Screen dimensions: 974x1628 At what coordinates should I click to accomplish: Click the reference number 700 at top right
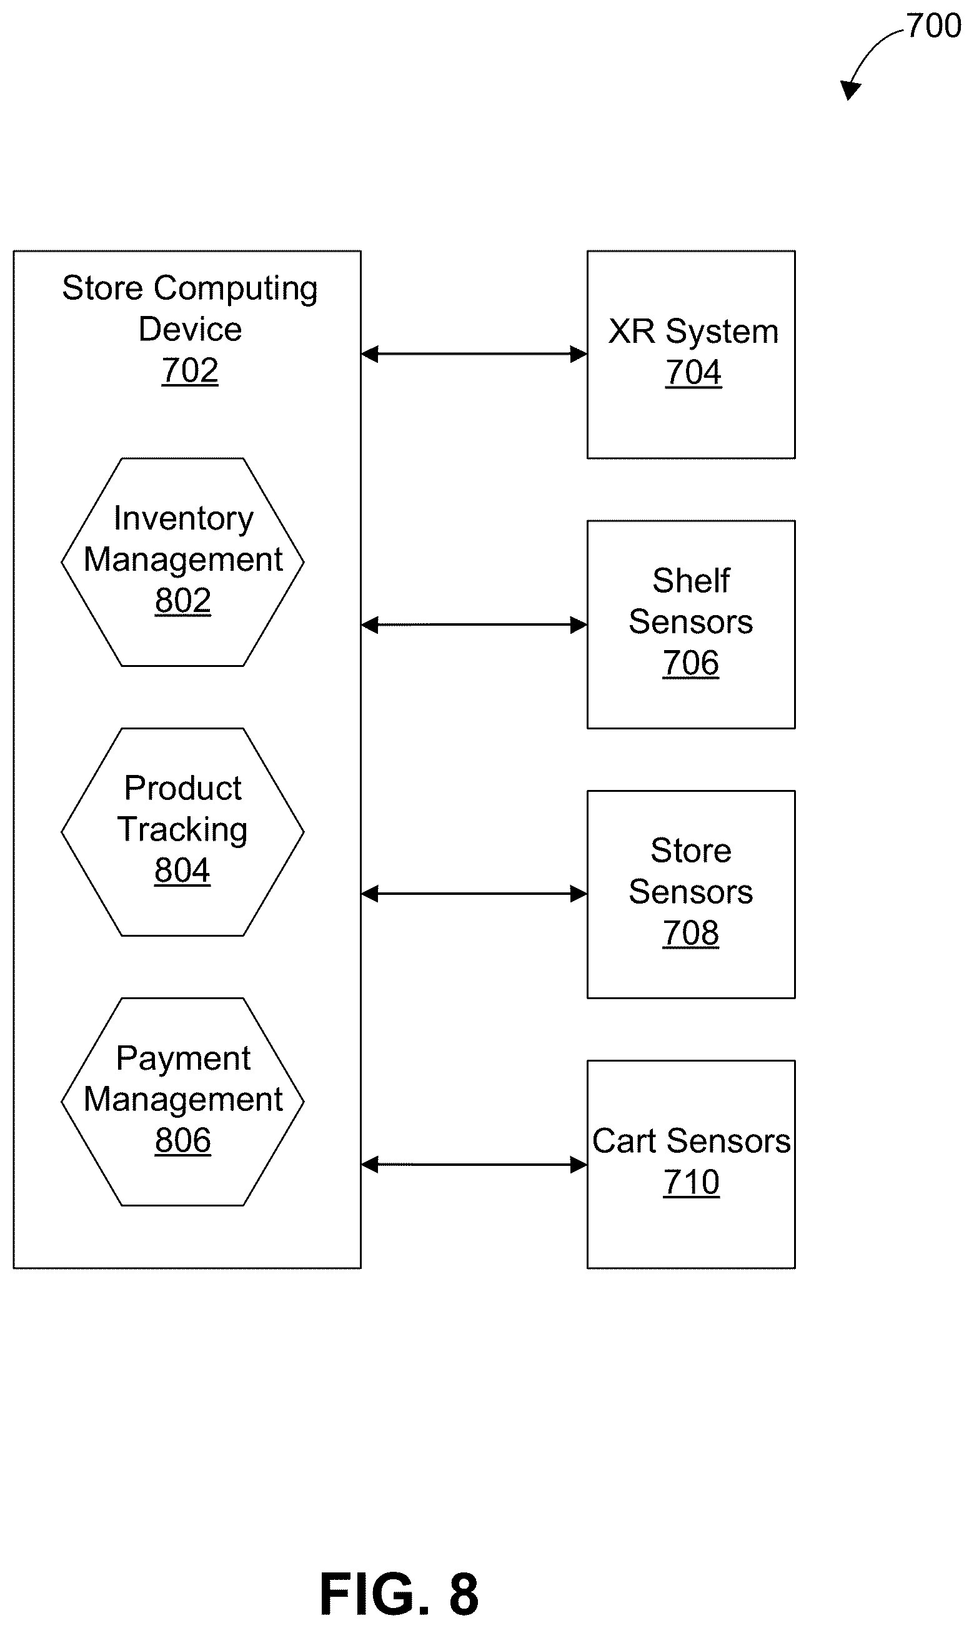click(933, 26)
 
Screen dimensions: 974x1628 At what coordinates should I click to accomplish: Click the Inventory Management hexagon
click(182, 561)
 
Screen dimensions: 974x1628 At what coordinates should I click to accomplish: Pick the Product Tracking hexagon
click(182, 832)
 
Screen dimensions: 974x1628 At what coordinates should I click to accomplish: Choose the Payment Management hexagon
click(182, 1102)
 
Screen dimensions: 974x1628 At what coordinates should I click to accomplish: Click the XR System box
click(691, 354)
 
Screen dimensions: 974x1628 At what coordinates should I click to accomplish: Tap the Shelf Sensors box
click(691, 624)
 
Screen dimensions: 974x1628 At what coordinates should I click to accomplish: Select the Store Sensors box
click(691, 894)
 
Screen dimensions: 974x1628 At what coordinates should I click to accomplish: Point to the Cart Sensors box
click(691, 1164)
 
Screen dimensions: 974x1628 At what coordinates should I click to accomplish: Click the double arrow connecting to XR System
click(474, 354)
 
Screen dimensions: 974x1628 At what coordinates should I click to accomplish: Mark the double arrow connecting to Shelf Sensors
click(474, 624)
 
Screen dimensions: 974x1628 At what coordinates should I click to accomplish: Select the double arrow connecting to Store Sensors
click(474, 894)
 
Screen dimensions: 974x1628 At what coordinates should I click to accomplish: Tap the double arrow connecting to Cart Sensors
click(474, 1164)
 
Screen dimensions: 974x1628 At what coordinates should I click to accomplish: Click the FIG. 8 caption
click(399, 1594)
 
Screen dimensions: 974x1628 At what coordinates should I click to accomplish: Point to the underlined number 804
click(182, 871)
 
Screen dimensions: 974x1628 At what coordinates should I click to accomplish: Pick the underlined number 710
click(691, 1183)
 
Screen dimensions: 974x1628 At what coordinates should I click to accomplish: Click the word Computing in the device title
click(236, 289)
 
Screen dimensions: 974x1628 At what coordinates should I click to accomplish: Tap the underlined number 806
click(182, 1141)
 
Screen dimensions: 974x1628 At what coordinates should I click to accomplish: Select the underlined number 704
click(693, 373)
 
